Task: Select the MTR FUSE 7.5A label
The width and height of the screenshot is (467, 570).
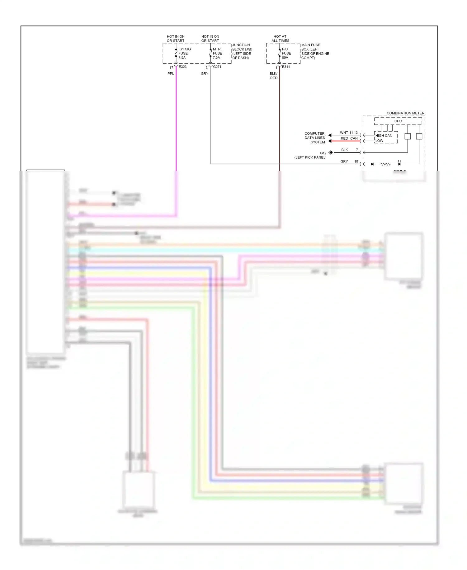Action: [x=217, y=53]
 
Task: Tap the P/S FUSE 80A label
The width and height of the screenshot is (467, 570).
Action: [x=286, y=53]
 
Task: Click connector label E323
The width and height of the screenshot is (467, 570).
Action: [x=183, y=67]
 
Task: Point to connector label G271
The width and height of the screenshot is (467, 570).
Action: [x=217, y=67]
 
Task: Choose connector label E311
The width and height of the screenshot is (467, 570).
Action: [x=286, y=67]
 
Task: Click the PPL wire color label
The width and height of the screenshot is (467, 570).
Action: [x=171, y=74]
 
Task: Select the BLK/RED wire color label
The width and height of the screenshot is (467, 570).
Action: [x=274, y=76]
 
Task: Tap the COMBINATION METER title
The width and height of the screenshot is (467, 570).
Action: [x=405, y=113]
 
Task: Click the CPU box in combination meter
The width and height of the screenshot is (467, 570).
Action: [x=398, y=121]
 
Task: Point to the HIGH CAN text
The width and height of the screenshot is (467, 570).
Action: [x=384, y=136]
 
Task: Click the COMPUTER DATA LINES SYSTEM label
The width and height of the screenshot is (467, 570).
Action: [x=315, y=138]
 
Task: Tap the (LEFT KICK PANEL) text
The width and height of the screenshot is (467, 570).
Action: [x=310, y=157]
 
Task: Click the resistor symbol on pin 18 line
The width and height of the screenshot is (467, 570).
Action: [x=385, y=164]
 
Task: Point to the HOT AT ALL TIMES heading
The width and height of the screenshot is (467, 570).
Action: [x=280, y=39]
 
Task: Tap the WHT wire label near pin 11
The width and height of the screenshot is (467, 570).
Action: [x=344, y=133]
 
